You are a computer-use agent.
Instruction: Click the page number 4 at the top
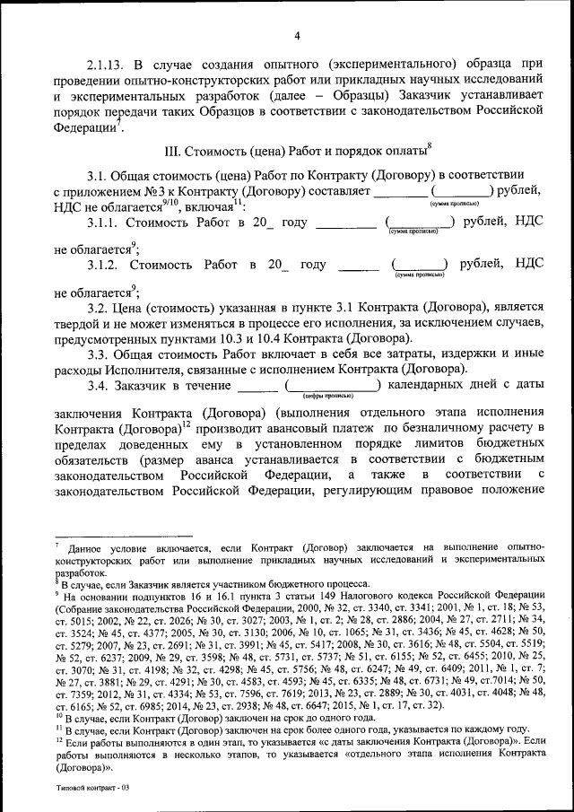coord(296,36)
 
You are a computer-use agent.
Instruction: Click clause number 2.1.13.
coord(107,65)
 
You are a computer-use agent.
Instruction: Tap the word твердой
coord(79,323)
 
